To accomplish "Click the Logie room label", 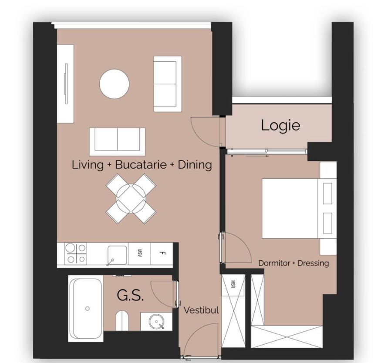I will click(280, 125).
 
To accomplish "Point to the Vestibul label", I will click(201, 310).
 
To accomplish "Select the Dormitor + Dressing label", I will click(294, 263).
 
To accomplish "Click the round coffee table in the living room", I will click(115, 84).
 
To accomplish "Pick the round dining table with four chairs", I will click(131, 199).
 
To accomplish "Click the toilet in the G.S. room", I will click(122, 321).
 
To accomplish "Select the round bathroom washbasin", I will click(156, 322).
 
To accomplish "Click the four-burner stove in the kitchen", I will click(76, 253).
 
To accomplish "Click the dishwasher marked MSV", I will click(140, 253).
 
